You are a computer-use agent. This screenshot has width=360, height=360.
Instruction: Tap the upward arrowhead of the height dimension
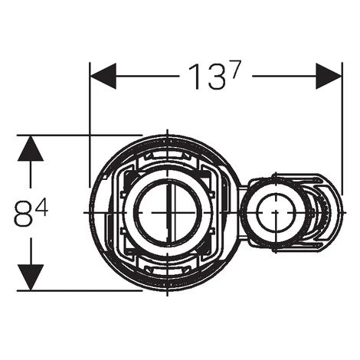click(x=30, y=149)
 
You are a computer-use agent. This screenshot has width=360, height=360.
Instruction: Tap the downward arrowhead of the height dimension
click(x=30, y=277)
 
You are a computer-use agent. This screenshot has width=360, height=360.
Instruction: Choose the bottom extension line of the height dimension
click(x=77, y=290)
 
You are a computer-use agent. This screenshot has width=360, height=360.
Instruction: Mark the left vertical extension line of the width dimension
click(x=90, y=123)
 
